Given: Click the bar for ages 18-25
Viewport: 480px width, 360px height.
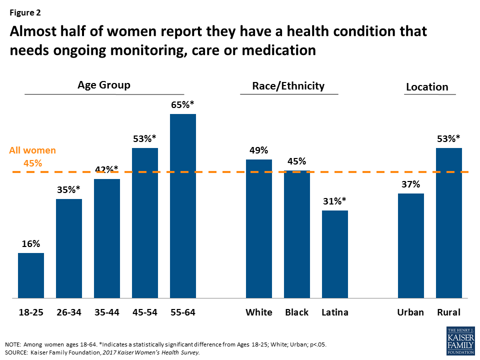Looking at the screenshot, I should [31, 275].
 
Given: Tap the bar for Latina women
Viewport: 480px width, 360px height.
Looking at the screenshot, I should [335, 254].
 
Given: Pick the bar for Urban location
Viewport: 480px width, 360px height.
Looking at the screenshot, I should [411, 245].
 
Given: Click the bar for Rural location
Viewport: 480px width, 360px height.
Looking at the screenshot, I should [449, 223].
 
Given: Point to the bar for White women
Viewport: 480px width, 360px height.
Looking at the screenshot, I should [259, 228].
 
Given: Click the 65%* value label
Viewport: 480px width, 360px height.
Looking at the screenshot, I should [183, 105].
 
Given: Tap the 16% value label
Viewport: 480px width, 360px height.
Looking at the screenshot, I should [31, 243].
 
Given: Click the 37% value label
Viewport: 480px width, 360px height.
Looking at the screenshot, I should [411, 184].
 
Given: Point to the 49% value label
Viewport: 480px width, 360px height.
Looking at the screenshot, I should [259, 150].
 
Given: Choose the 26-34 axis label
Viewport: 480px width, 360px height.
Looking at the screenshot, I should [69, 312].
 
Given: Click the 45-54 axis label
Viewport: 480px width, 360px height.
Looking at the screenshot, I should [145, 312].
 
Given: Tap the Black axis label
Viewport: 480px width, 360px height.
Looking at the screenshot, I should [297, 312].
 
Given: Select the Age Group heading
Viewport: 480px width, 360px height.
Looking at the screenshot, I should [104, 85].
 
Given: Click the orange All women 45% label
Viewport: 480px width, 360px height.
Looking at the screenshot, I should [33, 156].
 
